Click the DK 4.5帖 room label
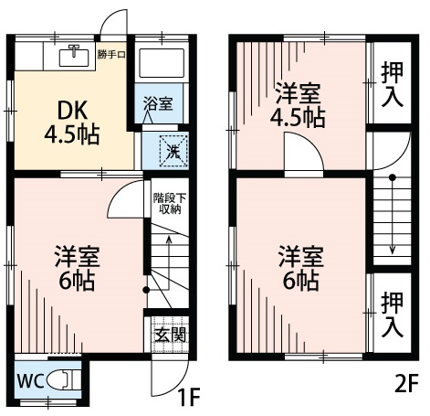tap(71, 123)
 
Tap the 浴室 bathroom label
tap(158, 104)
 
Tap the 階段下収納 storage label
tap(165, 202)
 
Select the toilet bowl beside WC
tap(62, 378)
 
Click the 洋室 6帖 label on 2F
tap(299, 268)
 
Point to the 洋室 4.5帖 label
tap(299, 104)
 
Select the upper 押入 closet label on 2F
tap(393, 82)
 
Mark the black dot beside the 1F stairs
tap(145, 291)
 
